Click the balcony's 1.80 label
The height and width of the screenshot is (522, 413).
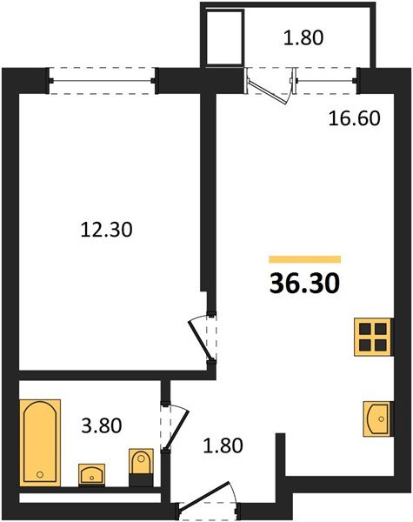pyautogui.click(x=303, y=37)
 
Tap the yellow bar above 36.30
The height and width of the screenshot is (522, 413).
pyautogui.click(x=304, y=259)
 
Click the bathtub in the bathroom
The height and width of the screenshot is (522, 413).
pyautogui.click(x=40, y=441)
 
